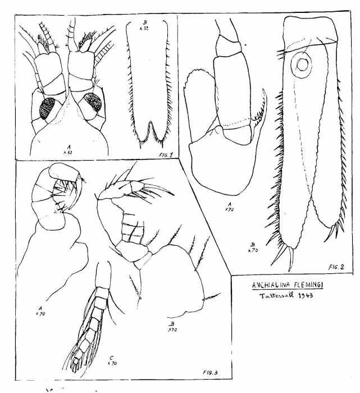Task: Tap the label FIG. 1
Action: (x=162, y=145)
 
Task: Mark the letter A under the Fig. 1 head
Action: (x=68, y=145)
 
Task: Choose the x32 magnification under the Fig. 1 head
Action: (x=68, y=152)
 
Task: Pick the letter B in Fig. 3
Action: (x=171, y=325)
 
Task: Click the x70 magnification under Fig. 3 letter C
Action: (x=111, y=364)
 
